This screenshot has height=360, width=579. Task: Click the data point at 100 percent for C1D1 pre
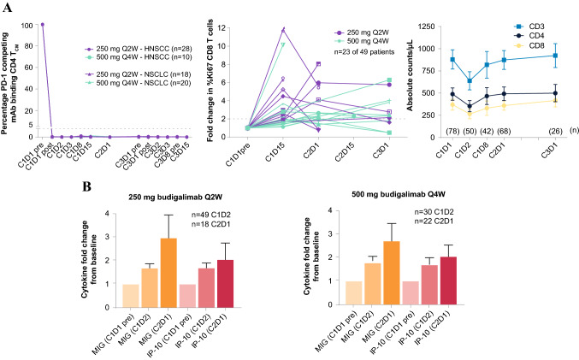(x=42, y=24)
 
